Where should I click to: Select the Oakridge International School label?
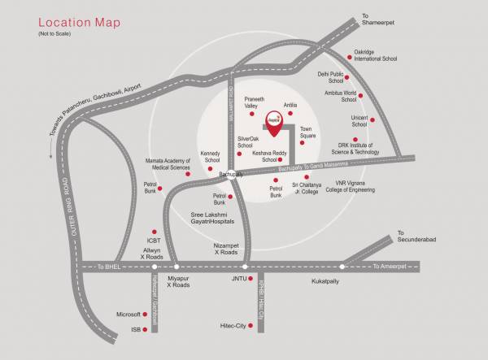(x=375, y=56)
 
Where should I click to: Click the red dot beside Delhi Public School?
(x=348, y=78)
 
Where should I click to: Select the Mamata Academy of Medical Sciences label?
(x=168, y=164)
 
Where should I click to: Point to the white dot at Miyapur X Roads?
(x=176, y=267)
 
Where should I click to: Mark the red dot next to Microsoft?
(x=149, y=313)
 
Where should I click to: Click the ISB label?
(x=136, y=329)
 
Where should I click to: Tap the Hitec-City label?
(x=233, y=325)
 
